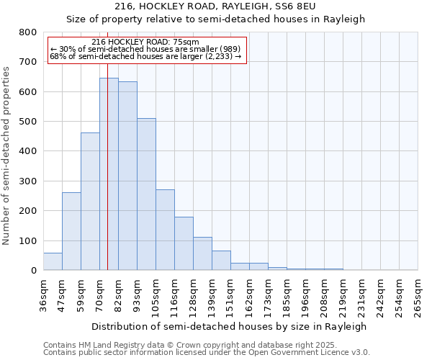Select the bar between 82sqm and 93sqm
[x=127, y=176]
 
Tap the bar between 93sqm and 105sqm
[x=146, y=194]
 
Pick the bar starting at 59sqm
[x=90, y=202]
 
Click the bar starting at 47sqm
[x=71, y=231]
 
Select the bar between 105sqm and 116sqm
[x=165, y=230]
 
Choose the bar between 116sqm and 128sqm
[x=184, y=244]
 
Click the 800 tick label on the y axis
[x=27, y=32]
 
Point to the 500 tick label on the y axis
[x=27, y=122]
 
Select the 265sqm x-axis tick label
[x=418, y=295]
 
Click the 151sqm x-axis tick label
[x=230, y=295]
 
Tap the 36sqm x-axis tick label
[x=43, y=295]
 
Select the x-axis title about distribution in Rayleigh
[x=230, y=326]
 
